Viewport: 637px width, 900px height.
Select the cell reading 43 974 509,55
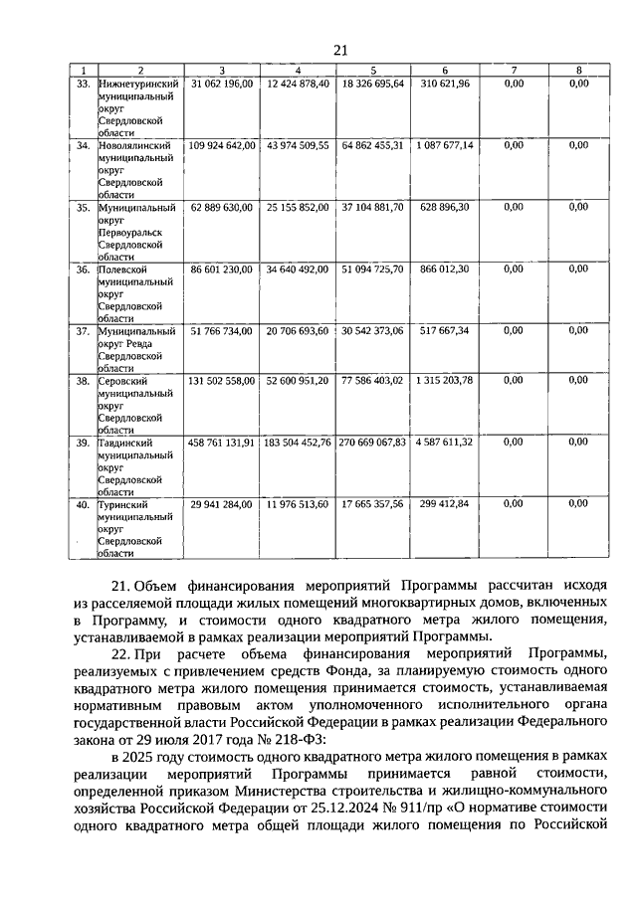298,145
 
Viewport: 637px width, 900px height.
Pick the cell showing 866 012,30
445,269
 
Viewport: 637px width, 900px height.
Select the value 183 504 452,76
298,442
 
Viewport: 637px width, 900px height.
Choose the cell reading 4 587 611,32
445,442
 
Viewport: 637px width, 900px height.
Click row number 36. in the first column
84,269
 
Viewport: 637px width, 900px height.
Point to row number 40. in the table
84,504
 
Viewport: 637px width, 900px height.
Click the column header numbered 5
372,70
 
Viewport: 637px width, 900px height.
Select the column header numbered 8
578,70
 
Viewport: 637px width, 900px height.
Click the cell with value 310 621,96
445,84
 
